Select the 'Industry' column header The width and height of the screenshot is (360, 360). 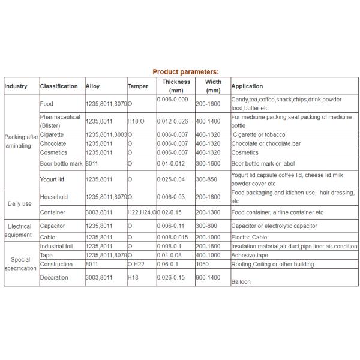coord(16,86)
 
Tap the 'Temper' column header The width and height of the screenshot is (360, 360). coord(137,86)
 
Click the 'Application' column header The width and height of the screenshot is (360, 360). coord(247,86)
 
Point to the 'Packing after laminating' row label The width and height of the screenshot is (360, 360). coord(20,141)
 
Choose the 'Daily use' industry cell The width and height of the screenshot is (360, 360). coord(20,203)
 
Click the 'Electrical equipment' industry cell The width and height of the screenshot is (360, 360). coord(19,230)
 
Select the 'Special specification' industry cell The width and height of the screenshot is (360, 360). coord(20,264)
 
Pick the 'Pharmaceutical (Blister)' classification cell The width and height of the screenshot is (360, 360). coord(60,121)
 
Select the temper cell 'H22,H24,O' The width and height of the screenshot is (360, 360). coord(142,212)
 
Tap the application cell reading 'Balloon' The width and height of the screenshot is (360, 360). coord(241,281)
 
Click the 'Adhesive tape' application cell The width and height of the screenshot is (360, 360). coord(250,256)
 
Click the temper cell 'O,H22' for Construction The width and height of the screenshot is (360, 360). coord(136,264)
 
